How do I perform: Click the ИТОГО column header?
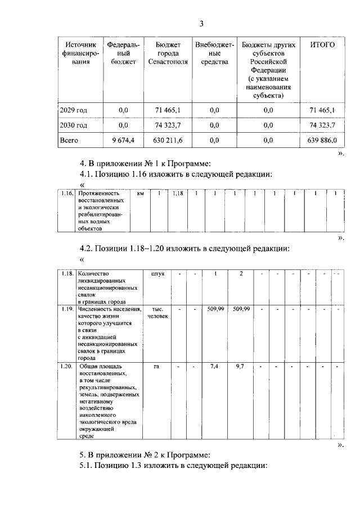322,44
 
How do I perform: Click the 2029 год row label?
74,110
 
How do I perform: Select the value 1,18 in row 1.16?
178,194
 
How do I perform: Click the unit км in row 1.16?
141,194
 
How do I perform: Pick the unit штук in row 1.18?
158,274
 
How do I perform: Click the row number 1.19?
67,309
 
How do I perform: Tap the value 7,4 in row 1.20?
213,366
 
